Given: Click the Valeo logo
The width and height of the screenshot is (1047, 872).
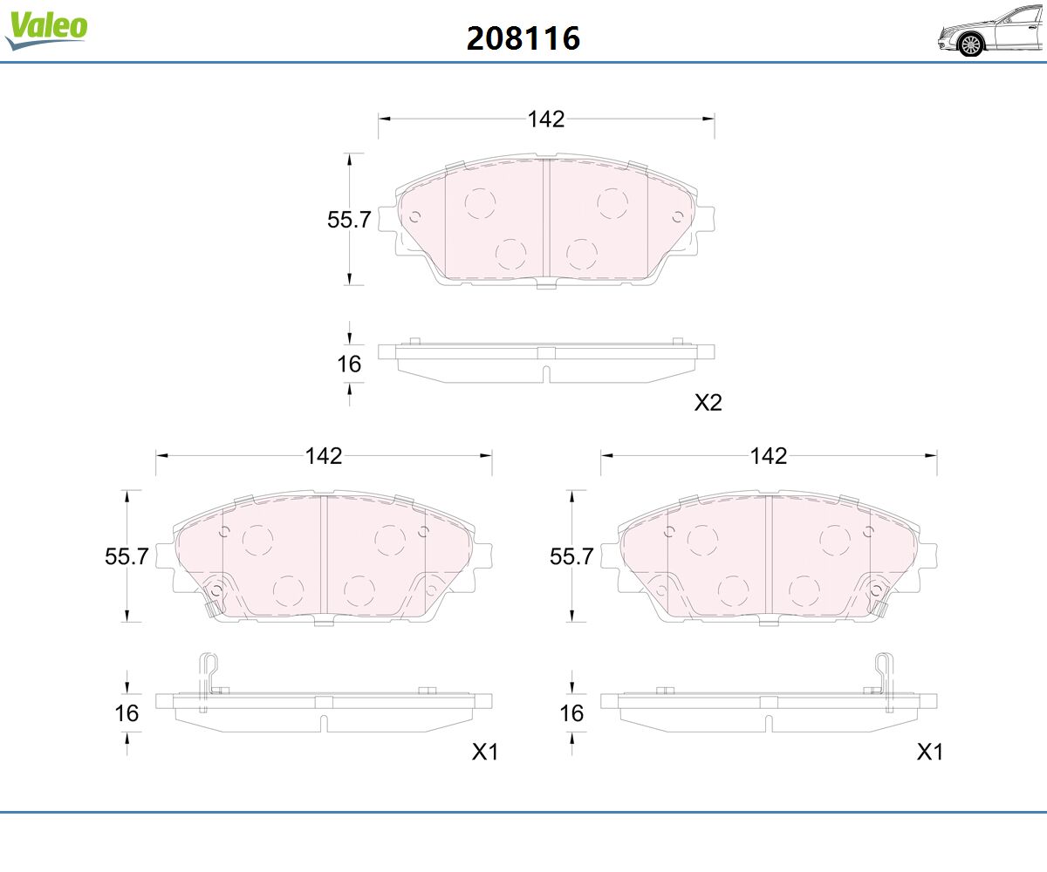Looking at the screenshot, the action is tap(46, 30).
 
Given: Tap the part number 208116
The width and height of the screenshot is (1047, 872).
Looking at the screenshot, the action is tap(523, 38).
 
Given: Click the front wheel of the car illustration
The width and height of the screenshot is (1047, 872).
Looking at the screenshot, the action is tap(971, 44).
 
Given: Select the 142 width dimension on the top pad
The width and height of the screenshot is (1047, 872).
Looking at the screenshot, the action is tap(546, 119).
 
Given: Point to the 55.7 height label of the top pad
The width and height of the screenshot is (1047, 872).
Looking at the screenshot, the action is tap(349, 220).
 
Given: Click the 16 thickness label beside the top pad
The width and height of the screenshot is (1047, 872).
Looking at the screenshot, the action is tap(349, 364).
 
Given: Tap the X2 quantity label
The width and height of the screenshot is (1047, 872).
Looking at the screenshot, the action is tap(708, 402).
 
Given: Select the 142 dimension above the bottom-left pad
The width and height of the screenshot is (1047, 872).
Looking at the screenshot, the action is tap(324, 456).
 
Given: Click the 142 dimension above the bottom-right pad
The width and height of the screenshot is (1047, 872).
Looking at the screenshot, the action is tap(769, 456).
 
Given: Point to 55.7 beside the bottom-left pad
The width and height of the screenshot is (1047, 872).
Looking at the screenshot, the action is tap(127, 556).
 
